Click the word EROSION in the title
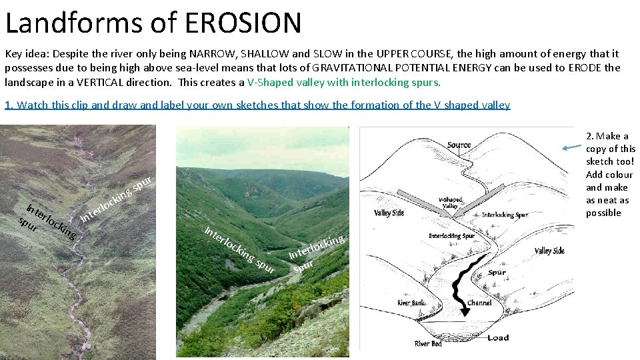(x=243, y=23)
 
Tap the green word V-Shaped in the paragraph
(x=267, y=82)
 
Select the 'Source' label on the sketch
(x=459, y=145)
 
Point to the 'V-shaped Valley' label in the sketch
(x=451, y=203)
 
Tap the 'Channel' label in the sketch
(x=479, y=302)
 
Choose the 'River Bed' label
(x=428, y=343)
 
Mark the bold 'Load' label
(x=497, y=337)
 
